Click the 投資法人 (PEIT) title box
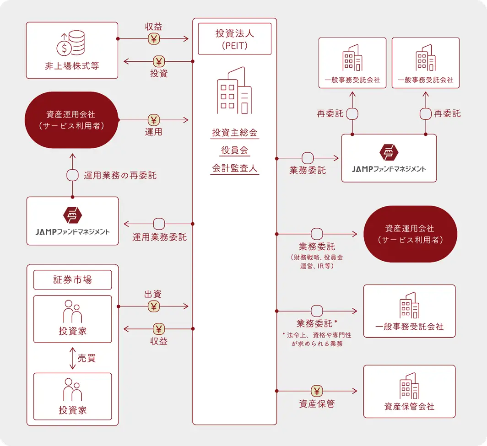point(234,39)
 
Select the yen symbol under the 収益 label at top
point(154,39)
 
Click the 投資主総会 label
point(235,133)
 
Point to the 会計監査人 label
point(235,168)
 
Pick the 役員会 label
point(235,150)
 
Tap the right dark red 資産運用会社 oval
point(410,234)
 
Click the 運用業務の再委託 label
point(120,175)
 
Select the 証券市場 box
point(72,280)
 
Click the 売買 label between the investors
point(86,358)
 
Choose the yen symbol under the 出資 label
point(154,306)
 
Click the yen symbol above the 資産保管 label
point(317,391)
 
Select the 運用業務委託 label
point(159,237)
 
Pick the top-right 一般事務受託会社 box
point(425,63)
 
